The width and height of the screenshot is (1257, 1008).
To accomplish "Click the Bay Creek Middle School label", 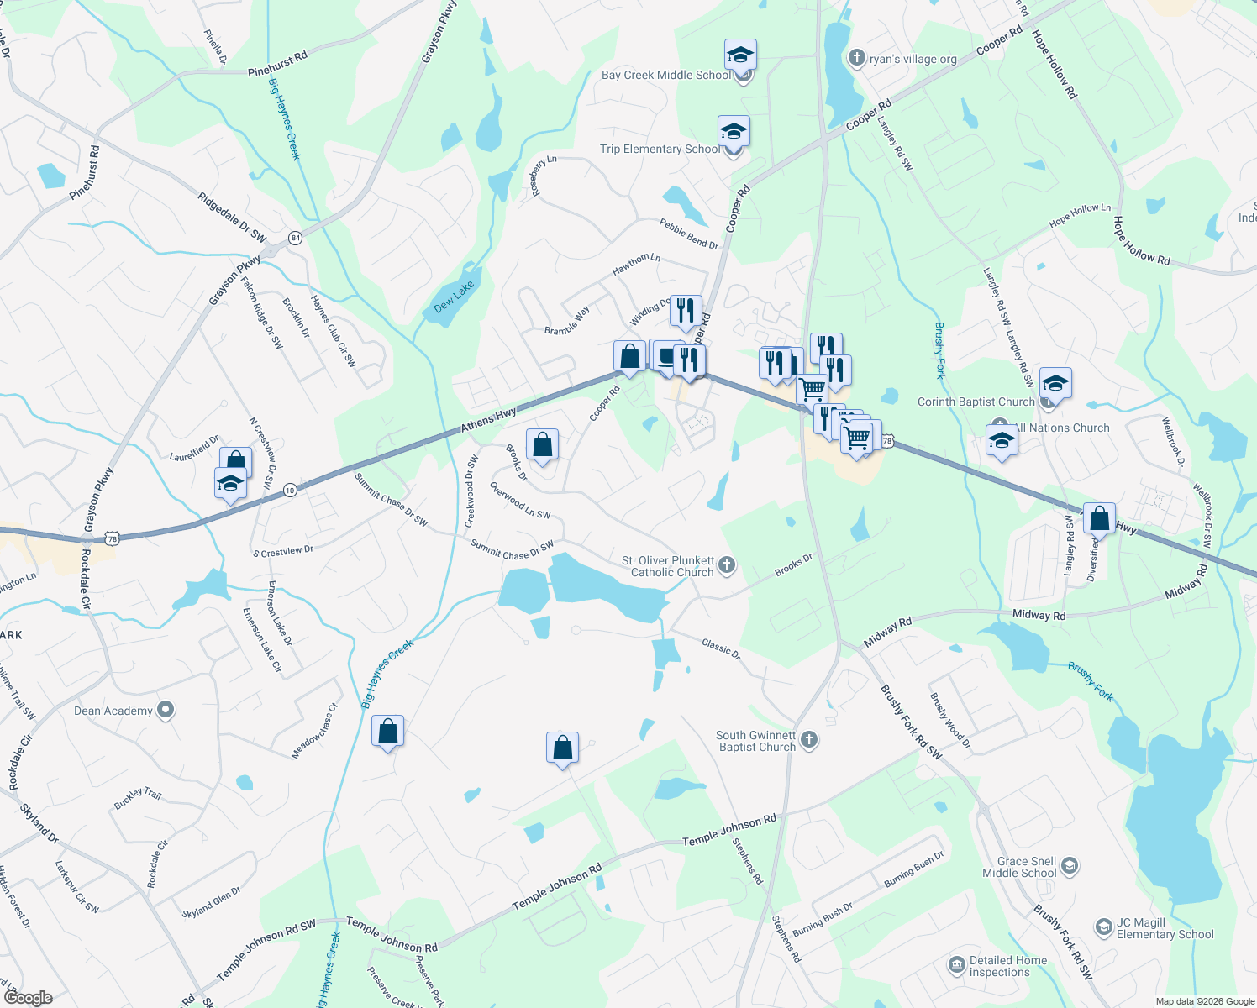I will click(x=666, y=75).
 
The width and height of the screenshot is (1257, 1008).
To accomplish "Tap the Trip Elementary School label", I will click(x=660, y=149).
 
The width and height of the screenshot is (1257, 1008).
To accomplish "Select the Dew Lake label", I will click(x=455, y=297).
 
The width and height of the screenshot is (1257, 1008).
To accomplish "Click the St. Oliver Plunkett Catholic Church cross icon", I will click(x=727, y=564).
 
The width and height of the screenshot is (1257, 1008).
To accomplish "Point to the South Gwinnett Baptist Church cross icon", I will click(x=809, y=739).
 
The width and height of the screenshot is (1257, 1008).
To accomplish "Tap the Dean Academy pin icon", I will click(x=166, y=710).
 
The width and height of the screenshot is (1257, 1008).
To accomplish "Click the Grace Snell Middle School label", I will click(x=1019, y=867).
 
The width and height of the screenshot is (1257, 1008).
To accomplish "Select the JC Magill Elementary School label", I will click(x=1165, y=928).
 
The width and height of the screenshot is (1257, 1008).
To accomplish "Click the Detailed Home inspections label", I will click(x=1008, y=966).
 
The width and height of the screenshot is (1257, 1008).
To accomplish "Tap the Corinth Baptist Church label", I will click(x=976, y=402).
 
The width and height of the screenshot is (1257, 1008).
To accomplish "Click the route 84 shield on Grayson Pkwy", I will click(x=294, y=238).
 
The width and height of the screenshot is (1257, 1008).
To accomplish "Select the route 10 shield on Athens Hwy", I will click(x=290, y=490).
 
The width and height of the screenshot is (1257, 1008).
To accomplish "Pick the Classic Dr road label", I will click(x=721, y=648).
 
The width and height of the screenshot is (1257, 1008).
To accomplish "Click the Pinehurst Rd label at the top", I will click(x=277, y=65).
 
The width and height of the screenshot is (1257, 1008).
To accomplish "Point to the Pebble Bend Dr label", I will click(x=689, y=234).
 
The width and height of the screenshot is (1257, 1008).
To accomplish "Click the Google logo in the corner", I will click(x=28, y=997).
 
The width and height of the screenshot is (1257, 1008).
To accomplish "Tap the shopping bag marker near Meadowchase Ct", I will click(x=387, y=731).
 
